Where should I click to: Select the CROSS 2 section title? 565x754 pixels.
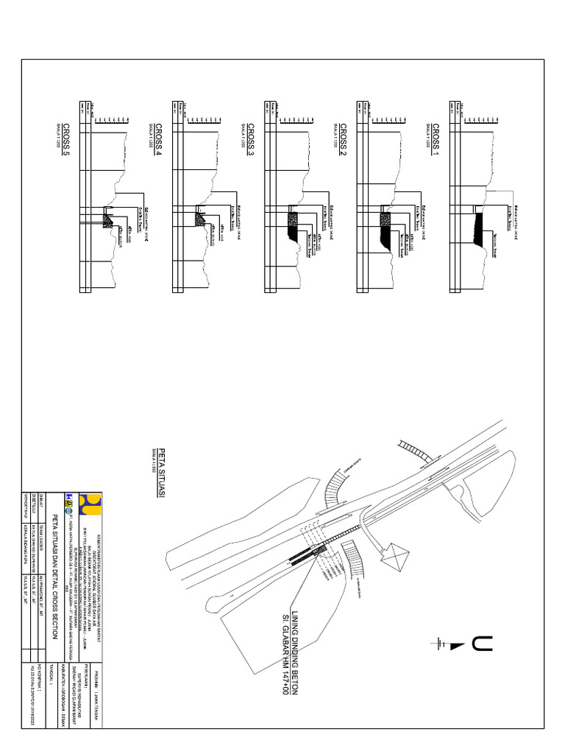(x=343, y=139)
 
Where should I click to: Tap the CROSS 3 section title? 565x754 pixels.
(x=250, y=139)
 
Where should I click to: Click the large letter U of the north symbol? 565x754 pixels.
(x=483, y=644)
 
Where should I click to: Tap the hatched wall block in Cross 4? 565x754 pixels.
(x=199, y=217)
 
